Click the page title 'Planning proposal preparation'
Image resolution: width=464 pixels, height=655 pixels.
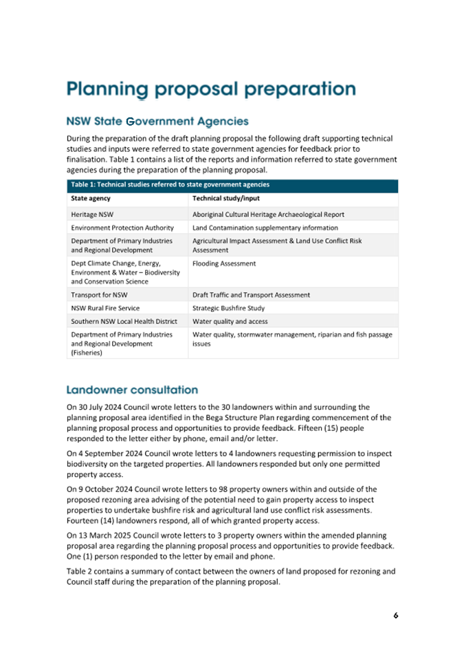211,89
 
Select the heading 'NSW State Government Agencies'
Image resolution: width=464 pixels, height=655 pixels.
157,122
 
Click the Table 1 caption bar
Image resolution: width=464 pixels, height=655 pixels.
232,184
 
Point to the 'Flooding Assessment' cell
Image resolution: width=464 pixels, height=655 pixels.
224,263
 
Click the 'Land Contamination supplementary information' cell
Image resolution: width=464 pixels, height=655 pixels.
265,227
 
